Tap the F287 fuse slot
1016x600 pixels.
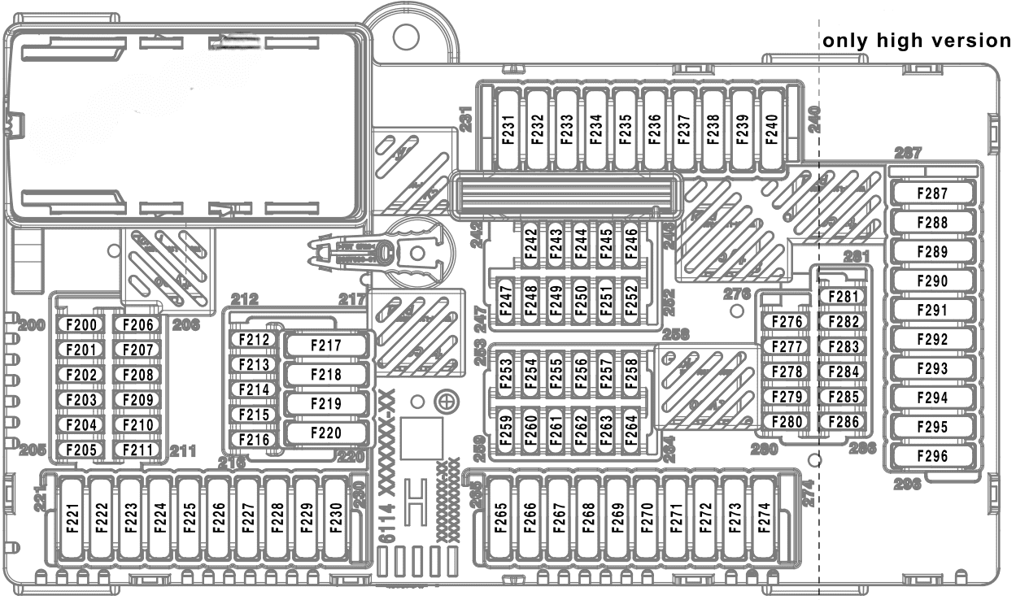[x=932, y=193]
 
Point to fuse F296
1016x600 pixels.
[x=932, y=456]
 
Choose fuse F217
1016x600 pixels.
[x=326, y=346]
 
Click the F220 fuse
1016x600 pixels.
[x=326, y=433]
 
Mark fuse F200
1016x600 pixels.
[x=81, y=325]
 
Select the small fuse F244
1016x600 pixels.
[x=580, y=244]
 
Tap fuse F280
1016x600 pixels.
[x=787, y=422]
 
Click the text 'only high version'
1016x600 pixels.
[x=916, y=41]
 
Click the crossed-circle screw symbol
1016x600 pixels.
[x=445, y=401]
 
